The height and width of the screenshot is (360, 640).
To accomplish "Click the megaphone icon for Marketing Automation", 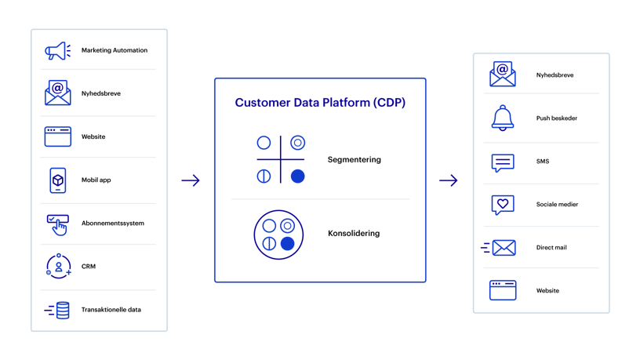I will (57, 50).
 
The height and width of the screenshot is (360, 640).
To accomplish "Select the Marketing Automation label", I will (115, 50).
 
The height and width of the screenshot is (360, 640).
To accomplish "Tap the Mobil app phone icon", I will (57, 180).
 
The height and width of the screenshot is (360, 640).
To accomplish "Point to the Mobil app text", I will (96, 180).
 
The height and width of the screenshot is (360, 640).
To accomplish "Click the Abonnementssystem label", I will (113, 223).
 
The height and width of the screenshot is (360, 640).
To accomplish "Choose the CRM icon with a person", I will (57, 266).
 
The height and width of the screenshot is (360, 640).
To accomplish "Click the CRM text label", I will (89, 266).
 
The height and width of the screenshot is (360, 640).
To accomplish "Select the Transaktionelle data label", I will (111, 309).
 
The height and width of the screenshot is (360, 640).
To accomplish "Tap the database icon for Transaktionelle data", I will (57, 309).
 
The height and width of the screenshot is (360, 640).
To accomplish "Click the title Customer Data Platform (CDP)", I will (320, 103).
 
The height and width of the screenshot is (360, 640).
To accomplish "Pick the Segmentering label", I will (355, 160).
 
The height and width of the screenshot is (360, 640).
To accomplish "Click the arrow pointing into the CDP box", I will (191, 181).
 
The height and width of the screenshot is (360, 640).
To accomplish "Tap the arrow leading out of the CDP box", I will (448, 181).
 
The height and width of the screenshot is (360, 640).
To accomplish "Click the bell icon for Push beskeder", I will (502, 118).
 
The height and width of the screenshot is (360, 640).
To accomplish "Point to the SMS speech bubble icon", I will (502, 162).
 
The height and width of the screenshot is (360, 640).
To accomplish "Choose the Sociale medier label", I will (558, 205).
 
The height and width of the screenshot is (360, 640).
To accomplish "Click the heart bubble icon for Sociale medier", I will (502, 205).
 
